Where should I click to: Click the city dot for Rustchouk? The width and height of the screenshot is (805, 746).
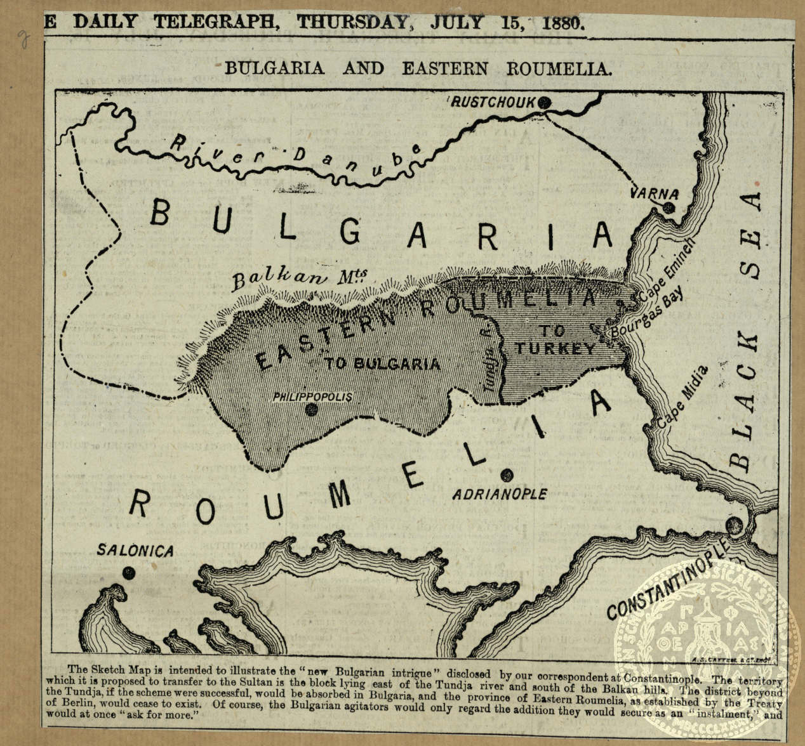(x=544, y=102)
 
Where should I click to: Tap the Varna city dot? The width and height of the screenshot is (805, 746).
(x=668, y=207)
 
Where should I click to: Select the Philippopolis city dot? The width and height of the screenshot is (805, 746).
(x=311, y=410)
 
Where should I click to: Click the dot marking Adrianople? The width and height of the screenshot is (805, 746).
(x=506, y=474)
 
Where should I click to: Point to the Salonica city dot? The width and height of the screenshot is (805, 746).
(x=129, y=573)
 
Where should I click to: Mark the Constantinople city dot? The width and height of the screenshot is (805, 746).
(x=734, y=525)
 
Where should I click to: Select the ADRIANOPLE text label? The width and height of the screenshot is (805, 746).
(x=499, y=494)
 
